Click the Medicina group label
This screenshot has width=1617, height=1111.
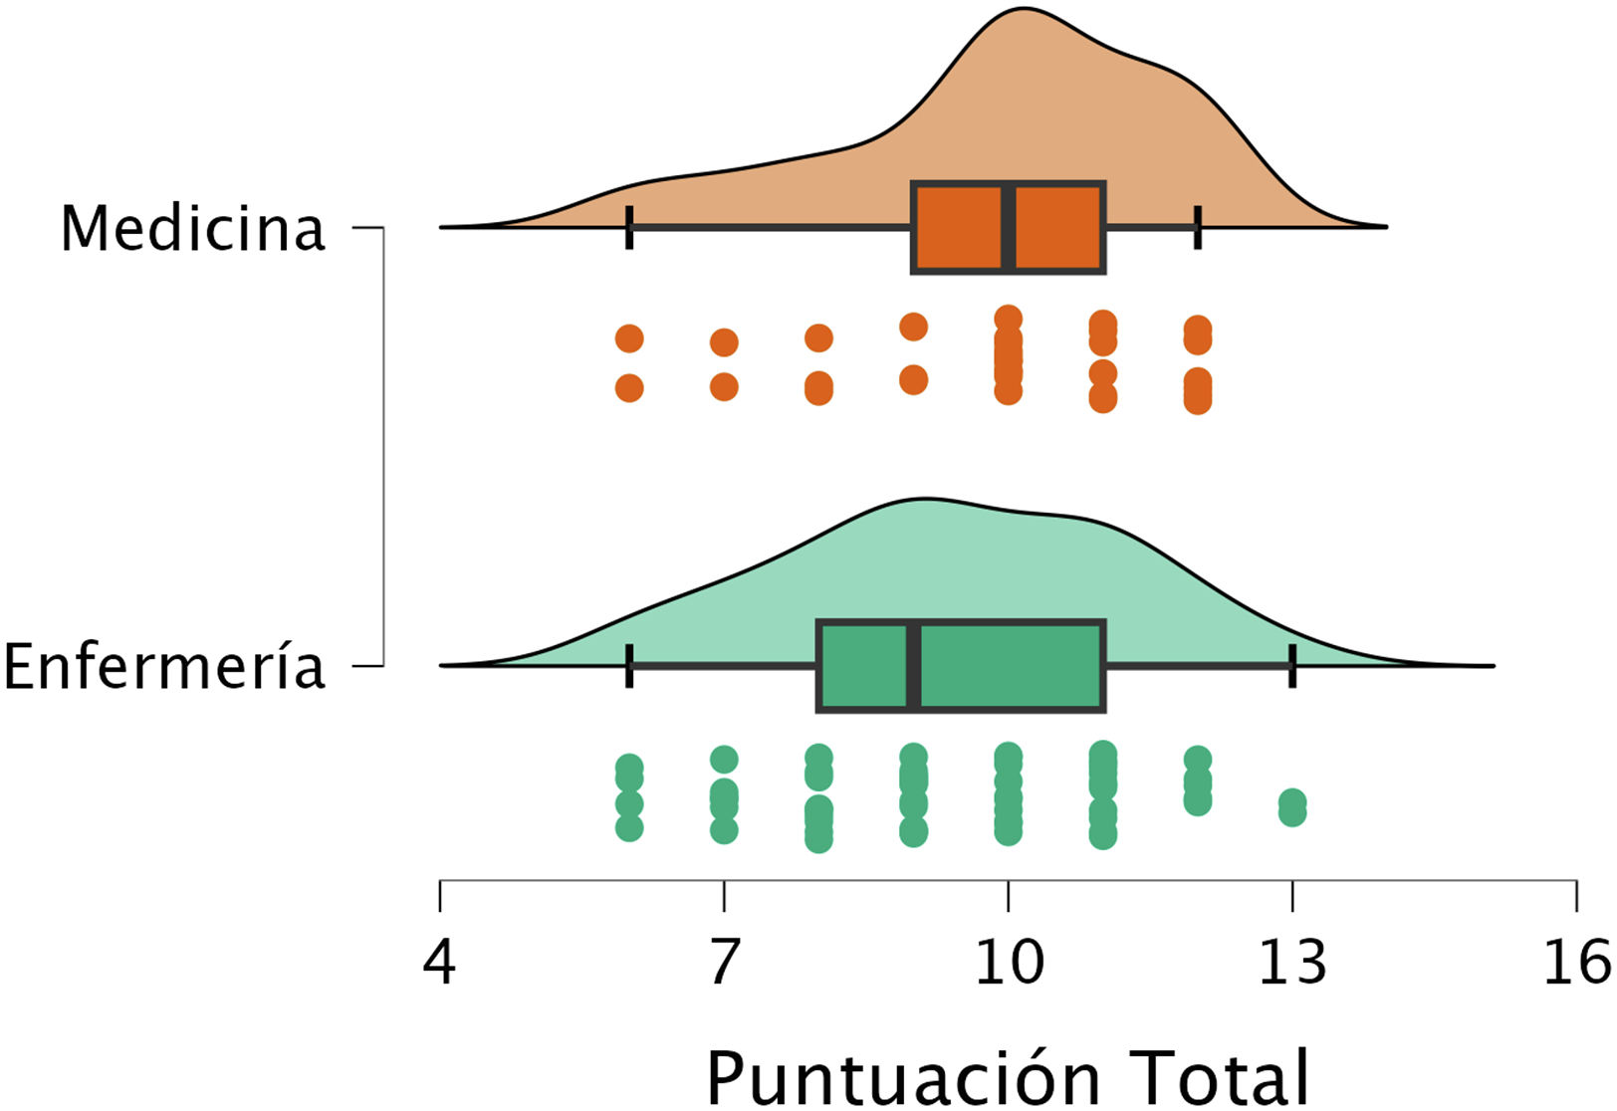click(x=193, y=228)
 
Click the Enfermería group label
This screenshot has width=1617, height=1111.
click(x=164, y=666)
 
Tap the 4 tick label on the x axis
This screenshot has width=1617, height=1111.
click(x=439, y=962)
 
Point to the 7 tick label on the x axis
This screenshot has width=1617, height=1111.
click(x=724, y=962)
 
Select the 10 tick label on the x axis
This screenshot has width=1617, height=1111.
click(x=1008, y=962)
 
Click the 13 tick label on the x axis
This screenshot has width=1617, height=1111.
click(x=1291, y=962)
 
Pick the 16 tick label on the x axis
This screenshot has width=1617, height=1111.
click(x=1576, y=962)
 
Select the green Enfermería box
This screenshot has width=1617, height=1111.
click(x=1006, y=666)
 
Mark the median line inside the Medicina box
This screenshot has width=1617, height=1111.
click(x=1009, y=227)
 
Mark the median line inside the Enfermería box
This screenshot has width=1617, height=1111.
click(x=913, y=666)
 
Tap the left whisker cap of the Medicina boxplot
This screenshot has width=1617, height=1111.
click(x=629, y=228)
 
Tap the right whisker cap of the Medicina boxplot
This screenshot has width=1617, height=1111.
click(x=1198, y=228)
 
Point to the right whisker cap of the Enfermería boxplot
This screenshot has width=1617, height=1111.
click(x=1292, y=665)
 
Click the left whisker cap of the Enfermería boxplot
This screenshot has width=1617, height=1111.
click(x=629, y=665)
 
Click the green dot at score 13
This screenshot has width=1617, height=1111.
click(x=1292, y=807)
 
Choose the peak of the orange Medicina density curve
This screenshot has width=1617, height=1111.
click(x=1023, y=9)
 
